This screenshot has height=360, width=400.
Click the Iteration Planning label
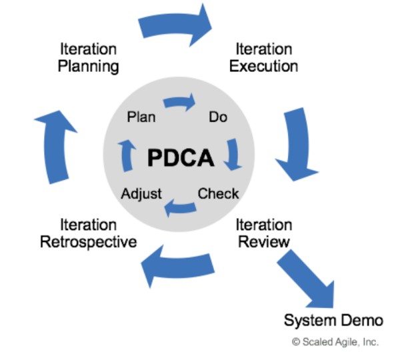point(88,58)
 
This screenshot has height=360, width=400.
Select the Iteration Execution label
point(264,58)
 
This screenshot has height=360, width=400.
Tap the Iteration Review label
point(264,233)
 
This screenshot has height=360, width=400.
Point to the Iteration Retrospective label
point(88,233)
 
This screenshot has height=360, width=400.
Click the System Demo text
point(333,320)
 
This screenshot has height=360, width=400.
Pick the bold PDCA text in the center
point(181,159)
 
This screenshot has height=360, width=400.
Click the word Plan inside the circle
point(141,117)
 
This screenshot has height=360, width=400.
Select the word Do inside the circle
point(218,117)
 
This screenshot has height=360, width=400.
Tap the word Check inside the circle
point(218,194)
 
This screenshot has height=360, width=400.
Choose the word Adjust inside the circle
point(141,194)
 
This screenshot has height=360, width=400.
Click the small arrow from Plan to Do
point(179,103)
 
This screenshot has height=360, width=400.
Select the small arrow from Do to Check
point(233,155)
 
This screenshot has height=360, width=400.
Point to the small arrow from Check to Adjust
point(180,208)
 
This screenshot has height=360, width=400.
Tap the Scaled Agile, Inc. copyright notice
point(335,342)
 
